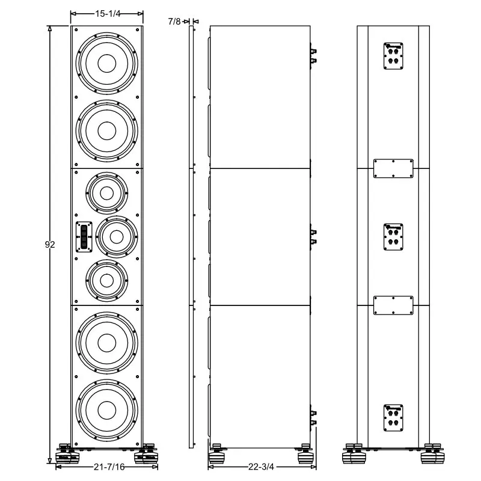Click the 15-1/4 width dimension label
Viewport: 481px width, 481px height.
[x=108, y=14]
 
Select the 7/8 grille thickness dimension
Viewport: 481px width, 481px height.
[x=174, y=22]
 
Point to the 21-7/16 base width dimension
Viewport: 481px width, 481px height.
[x=109, y=467]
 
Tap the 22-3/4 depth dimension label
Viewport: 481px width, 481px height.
[x=261, y=467]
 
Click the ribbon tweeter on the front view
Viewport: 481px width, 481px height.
[x=84, y=237]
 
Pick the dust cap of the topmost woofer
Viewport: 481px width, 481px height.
[x=107, y=64]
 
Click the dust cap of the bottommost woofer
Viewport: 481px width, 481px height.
[x=107, y=411]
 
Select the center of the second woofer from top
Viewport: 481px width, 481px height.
[x=107, y=130]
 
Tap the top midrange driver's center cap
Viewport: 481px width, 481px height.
[x=107, y=193]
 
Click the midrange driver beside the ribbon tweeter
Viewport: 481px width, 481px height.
[x=117, y=237]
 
